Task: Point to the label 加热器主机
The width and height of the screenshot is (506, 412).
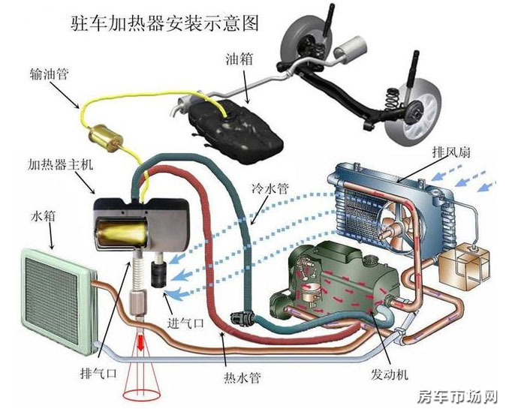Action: click(60, 164)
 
